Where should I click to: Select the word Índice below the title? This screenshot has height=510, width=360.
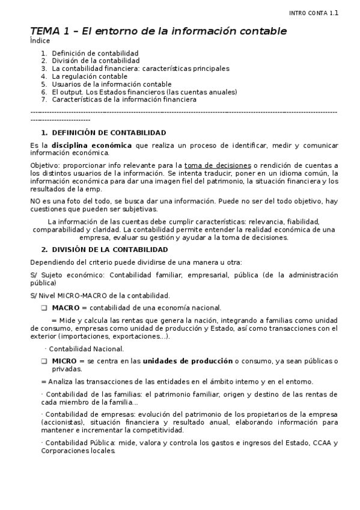click(x=39, y=41)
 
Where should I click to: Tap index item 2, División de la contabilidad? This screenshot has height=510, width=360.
click(x=96, y=61)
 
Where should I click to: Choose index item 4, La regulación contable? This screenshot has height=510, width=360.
click(x=90, y=76)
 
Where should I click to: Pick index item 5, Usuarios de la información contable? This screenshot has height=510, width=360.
click(x=112, y=84)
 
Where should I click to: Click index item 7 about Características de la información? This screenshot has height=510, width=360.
click(x=124, y=100)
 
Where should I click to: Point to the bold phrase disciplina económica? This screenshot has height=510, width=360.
click(x=91, y=145)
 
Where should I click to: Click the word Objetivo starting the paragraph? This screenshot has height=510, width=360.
click(x=44, y=165)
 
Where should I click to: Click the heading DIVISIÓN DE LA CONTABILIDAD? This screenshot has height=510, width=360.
click(x=110, y=250)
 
